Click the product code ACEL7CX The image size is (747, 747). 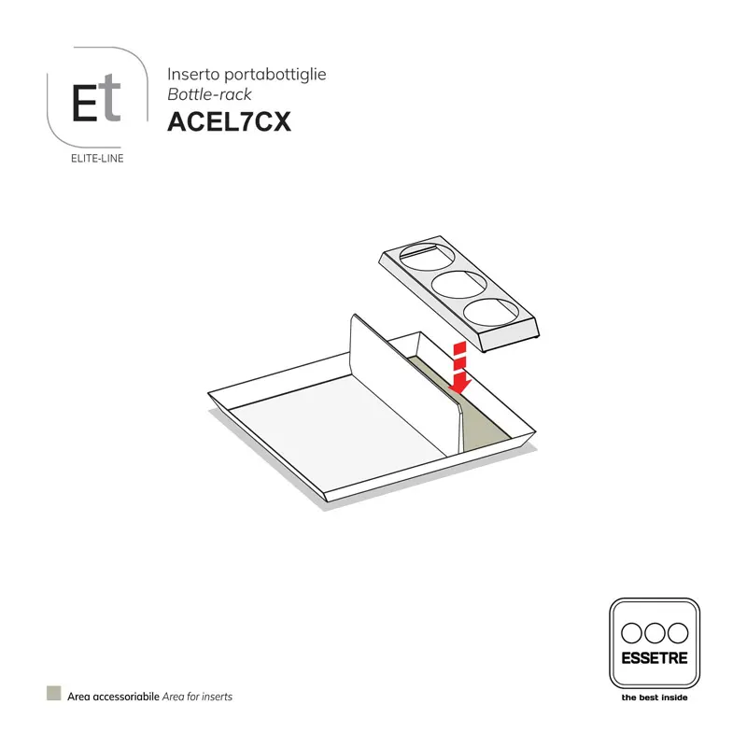(x=229, y=122)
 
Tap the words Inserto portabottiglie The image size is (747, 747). (x=247, y=74)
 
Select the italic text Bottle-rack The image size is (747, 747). (x=209, y=94)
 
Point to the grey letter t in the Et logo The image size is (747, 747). (x=112, y=100)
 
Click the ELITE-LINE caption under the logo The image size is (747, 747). (x=97, y=158)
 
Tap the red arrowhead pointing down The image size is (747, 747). (x=458, y=383)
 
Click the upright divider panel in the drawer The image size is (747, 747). (x=402, y=383)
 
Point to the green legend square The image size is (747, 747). (x=54, y=695)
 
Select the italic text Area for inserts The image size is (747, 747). (x=197, y=697)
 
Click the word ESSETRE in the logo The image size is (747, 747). (x=654, y=658)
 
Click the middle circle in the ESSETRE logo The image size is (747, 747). (x=654, y=632)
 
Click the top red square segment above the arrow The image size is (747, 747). (x=458, y=347)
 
